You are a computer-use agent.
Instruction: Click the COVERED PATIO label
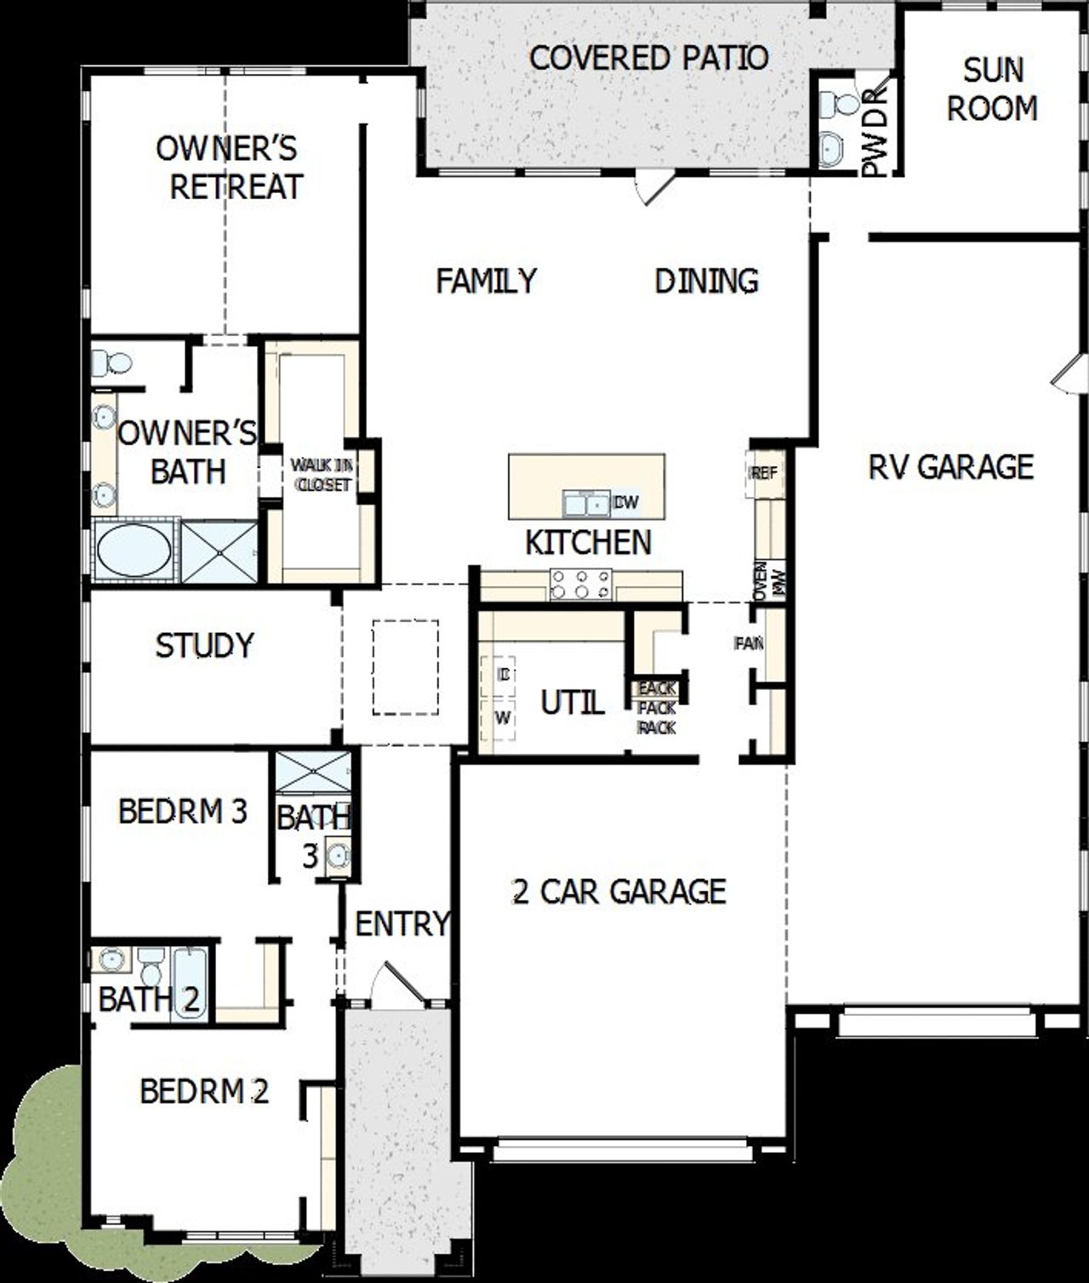(648, 58)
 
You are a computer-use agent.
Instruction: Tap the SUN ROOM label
(992, 89)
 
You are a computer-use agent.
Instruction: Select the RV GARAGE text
(950, 466)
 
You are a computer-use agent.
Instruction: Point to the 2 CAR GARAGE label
(619, 891)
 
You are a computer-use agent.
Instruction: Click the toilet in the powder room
(841, 105)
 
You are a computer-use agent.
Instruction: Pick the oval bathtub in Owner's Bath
(134, 551)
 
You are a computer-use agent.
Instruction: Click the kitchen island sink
(586, 504)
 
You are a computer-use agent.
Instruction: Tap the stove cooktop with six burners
(581, 584)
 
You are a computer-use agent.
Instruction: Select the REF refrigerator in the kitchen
(763, 473)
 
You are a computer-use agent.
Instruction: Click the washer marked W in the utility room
(503, 718)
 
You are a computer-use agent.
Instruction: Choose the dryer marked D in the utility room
(504, 675)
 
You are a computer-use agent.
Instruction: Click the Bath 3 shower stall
(311, 773)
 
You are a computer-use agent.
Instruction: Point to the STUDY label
(204, 645)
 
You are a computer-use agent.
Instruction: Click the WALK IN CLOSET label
(321, 475)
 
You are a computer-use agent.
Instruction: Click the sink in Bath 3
(338, 855)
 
